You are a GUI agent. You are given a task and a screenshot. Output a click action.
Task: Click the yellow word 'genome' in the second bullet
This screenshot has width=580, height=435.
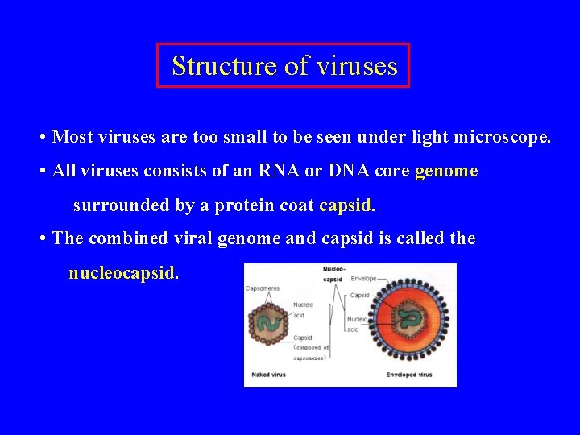(446, 172)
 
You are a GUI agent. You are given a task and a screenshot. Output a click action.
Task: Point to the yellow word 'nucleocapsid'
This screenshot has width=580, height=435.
(123, 273)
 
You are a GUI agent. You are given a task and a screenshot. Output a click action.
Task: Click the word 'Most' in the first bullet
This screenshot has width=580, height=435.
(72, 138)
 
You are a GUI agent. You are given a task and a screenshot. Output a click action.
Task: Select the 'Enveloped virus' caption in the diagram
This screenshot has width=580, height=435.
(409, 375)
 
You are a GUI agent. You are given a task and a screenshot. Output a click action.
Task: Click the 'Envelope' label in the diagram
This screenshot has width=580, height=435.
(363, 279)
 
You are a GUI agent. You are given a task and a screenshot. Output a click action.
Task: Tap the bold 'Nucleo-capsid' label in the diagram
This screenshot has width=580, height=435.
(333, 274)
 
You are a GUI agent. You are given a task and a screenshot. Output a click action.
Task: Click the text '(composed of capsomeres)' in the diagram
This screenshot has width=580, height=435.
(311, 352)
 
